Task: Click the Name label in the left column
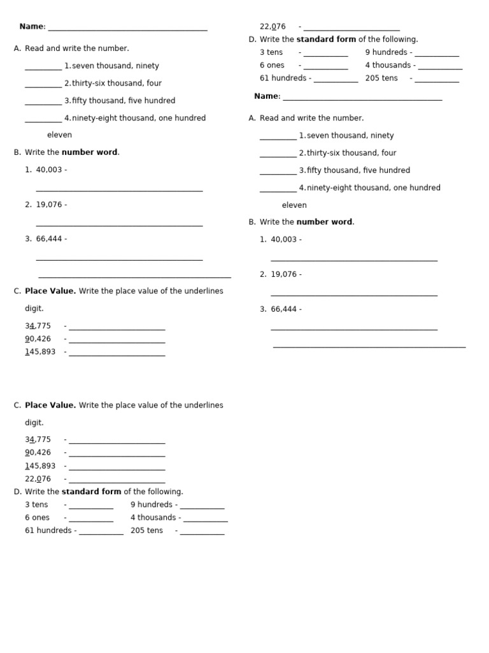(32, 27)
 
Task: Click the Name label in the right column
(267, 96)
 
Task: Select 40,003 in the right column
(284, 240)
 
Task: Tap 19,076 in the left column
(49, 205)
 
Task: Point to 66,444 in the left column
(49, 239)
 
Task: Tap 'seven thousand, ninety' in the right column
(350, 136)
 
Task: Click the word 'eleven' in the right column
(294, 205)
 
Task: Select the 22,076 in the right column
(273, 27)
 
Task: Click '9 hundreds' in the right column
(386, 52)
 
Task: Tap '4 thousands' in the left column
(153, 518)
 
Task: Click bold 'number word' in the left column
(89, 152)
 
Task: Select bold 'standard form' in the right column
(326, 40)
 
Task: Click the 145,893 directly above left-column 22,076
(40, 466)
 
